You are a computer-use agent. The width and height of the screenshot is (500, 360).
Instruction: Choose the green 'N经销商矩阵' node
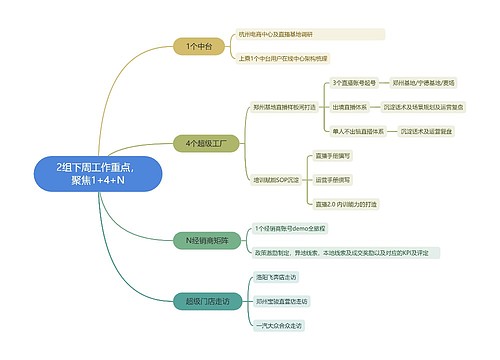tap(207, 240)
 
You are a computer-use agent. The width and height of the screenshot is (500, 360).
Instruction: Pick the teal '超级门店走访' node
tap(207, 300)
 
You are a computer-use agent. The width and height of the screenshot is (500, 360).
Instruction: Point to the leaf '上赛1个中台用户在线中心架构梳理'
tap(288, 58)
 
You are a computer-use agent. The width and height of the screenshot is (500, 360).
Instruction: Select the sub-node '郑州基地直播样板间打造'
tap(284, 106)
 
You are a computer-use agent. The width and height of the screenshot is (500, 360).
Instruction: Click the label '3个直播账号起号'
tap(355, 82)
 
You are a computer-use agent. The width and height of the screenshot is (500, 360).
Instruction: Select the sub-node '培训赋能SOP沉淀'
tap(276, 180)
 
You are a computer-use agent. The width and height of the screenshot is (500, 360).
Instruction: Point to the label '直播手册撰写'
tap(333, 156)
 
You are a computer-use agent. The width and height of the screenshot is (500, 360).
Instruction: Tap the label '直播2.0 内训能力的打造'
tap(346, 204)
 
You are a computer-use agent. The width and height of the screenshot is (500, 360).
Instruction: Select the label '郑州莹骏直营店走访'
tap(281, 301)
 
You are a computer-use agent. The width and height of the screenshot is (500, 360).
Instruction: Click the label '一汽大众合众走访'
tap(279, 325)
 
